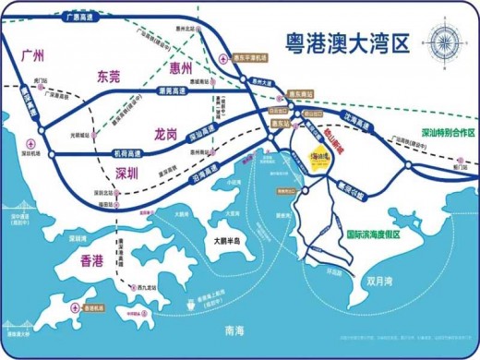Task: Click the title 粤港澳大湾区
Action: pyautogui.click(x=342, y=42)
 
